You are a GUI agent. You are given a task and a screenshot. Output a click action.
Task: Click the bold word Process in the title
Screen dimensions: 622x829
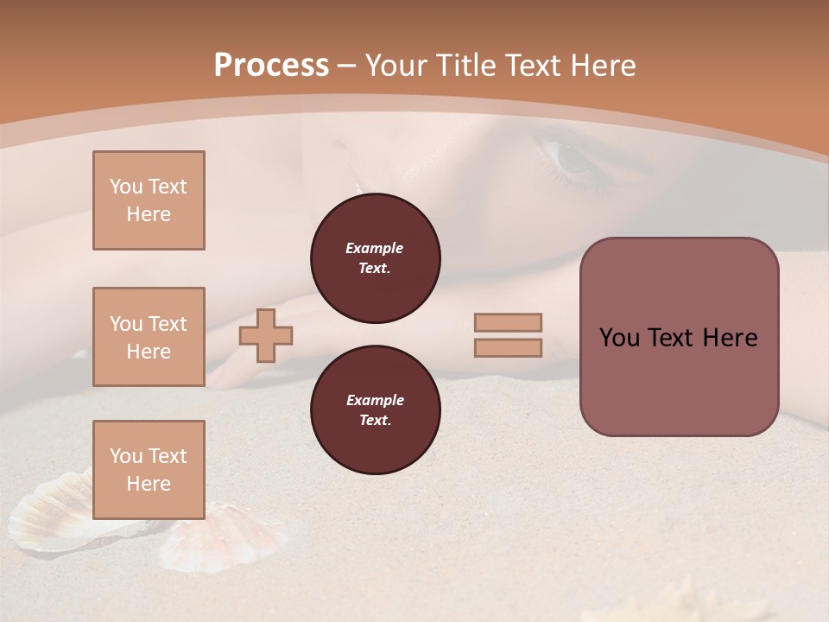pos(271,66)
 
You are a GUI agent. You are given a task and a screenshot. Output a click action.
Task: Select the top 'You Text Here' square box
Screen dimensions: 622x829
pos(149,200)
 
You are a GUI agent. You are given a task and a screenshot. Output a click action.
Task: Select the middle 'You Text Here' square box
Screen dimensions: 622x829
pos(149,337)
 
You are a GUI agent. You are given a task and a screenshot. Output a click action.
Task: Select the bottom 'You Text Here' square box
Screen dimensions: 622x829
pos(149,470)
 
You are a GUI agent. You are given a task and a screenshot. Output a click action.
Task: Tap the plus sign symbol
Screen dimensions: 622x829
pos(266,335)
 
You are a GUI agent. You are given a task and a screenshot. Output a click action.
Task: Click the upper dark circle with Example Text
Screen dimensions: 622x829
pos(375,258)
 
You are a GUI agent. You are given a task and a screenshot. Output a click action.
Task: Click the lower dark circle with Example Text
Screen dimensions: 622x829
pos(375,410)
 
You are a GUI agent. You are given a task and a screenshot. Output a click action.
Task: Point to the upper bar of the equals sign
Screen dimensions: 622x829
pos(509,322)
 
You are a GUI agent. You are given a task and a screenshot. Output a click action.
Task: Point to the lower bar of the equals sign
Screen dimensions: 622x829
pos(509,347)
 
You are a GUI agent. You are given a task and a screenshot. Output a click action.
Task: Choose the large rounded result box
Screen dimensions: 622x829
pos(679,337)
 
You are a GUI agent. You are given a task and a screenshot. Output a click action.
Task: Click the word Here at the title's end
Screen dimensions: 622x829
pos(601,66)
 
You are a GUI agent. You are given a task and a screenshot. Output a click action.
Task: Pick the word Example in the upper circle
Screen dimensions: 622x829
pos(374,248)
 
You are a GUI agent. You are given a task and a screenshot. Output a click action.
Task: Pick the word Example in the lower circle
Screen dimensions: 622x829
pos(375,400)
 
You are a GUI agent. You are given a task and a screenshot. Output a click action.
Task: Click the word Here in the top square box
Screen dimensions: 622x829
pos(149,214)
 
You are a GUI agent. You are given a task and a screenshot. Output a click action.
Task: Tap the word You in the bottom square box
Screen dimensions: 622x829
pos(125,456)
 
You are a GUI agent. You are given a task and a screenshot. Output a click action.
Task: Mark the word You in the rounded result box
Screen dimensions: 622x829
pos(619,338)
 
